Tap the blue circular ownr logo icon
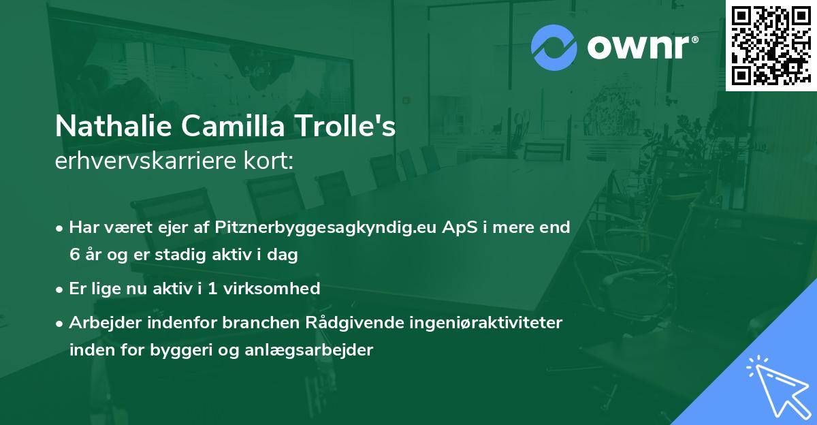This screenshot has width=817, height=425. (554, 48)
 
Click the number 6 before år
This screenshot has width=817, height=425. (74, 255)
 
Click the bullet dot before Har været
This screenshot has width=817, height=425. (60, 227)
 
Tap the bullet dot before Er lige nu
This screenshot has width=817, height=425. (60, 289)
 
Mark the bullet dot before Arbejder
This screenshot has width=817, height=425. (60, 323)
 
